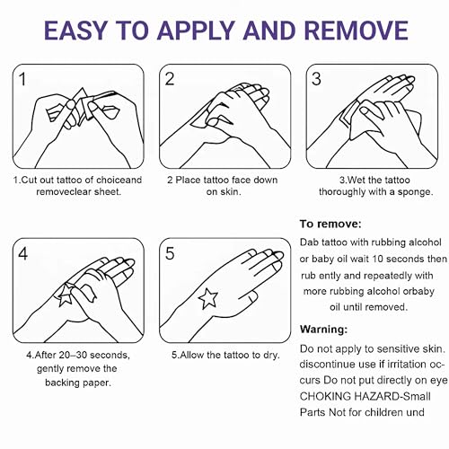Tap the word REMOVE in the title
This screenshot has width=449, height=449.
tap(357, 31)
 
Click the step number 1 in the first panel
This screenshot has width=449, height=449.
tap(22, 79)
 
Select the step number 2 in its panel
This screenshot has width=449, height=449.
tap(170, 79)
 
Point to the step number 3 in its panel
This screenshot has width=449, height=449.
tap(316, 79)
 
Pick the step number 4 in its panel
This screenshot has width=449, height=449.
tap(23, 253)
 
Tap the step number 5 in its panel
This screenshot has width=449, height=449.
tap(170, 253)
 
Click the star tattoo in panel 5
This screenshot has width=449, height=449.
tap(208, 298)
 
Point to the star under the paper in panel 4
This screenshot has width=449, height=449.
tap(65, 295)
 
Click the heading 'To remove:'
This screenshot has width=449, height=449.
tap(330, 224)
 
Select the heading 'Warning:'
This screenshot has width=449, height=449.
tap(324, 330)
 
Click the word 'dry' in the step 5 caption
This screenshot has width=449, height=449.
tap(270, 356)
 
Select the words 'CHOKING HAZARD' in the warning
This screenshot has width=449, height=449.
tap(349, 396)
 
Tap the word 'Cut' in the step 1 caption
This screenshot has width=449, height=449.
tap(27, 180)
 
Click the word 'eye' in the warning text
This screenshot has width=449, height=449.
tap(439, 381)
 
